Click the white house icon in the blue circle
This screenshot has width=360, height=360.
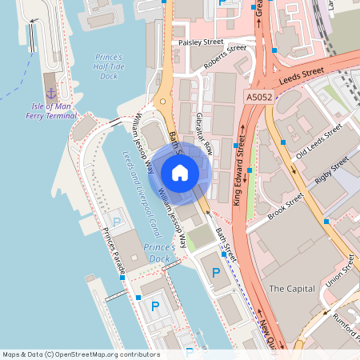179,172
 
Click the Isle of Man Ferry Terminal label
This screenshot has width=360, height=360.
50,110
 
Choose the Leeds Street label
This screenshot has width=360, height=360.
302,76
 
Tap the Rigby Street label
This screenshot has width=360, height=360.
332,170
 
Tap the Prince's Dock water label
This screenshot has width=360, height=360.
159,254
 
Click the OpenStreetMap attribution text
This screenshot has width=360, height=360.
80,354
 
